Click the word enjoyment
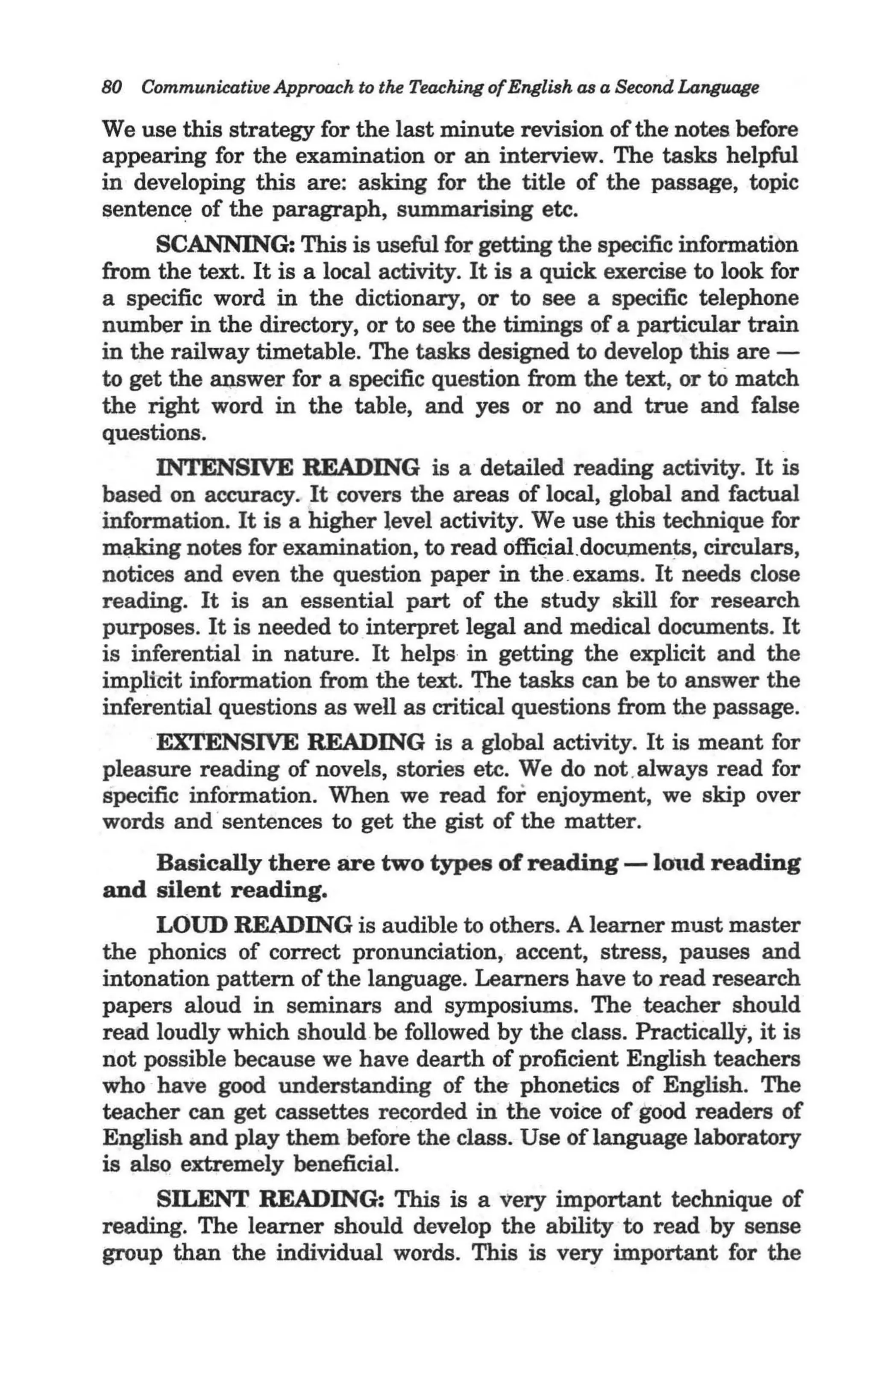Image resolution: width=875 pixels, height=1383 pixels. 594,795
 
